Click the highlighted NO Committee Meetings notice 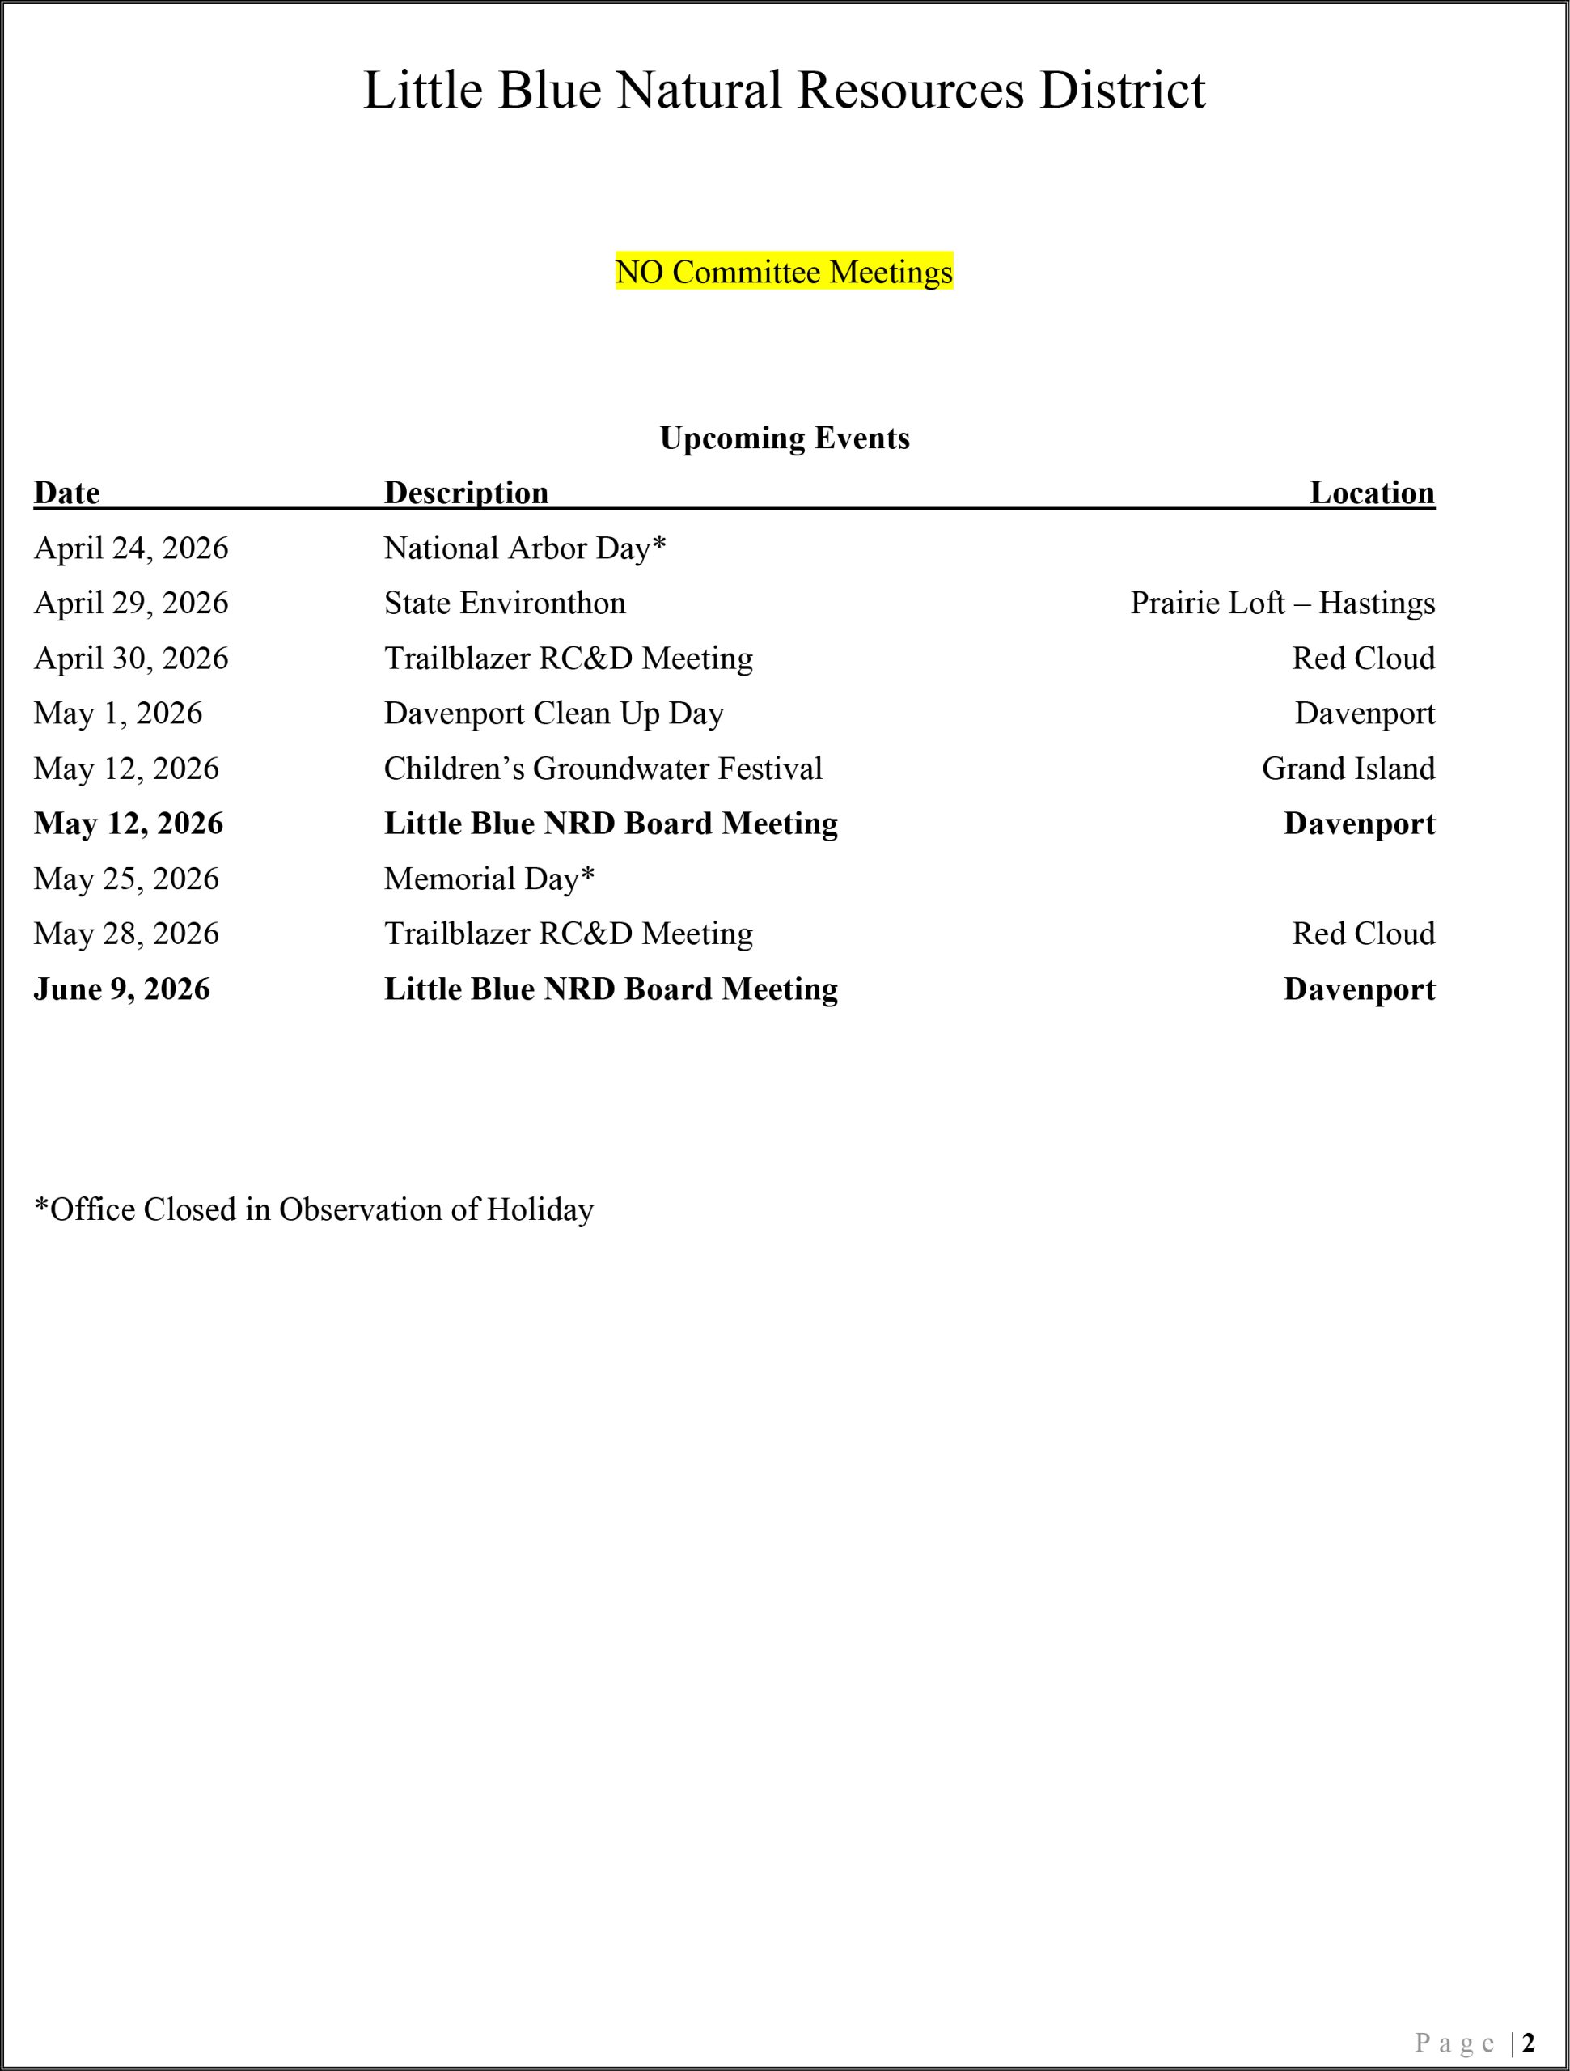coord(784,272)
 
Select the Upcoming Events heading coord(784,438)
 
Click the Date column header coord(66,493)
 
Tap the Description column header coord(466,493)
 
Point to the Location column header coord(1372,493)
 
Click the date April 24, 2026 coord(131,548)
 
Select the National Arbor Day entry coord(524,548)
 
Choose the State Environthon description coord(505,603)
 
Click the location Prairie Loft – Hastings coord(1282,603)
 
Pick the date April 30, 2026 coord(131,659)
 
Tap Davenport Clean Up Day coord(553,714)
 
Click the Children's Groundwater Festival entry coord(603,769)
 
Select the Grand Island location coord(1348,769)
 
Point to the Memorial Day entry coord(489,879)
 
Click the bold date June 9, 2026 coord(121,989)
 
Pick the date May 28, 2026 coord(126,934)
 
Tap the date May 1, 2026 coord(118,714)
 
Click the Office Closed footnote coord(314,1209)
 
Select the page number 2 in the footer coord(1528,2041)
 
